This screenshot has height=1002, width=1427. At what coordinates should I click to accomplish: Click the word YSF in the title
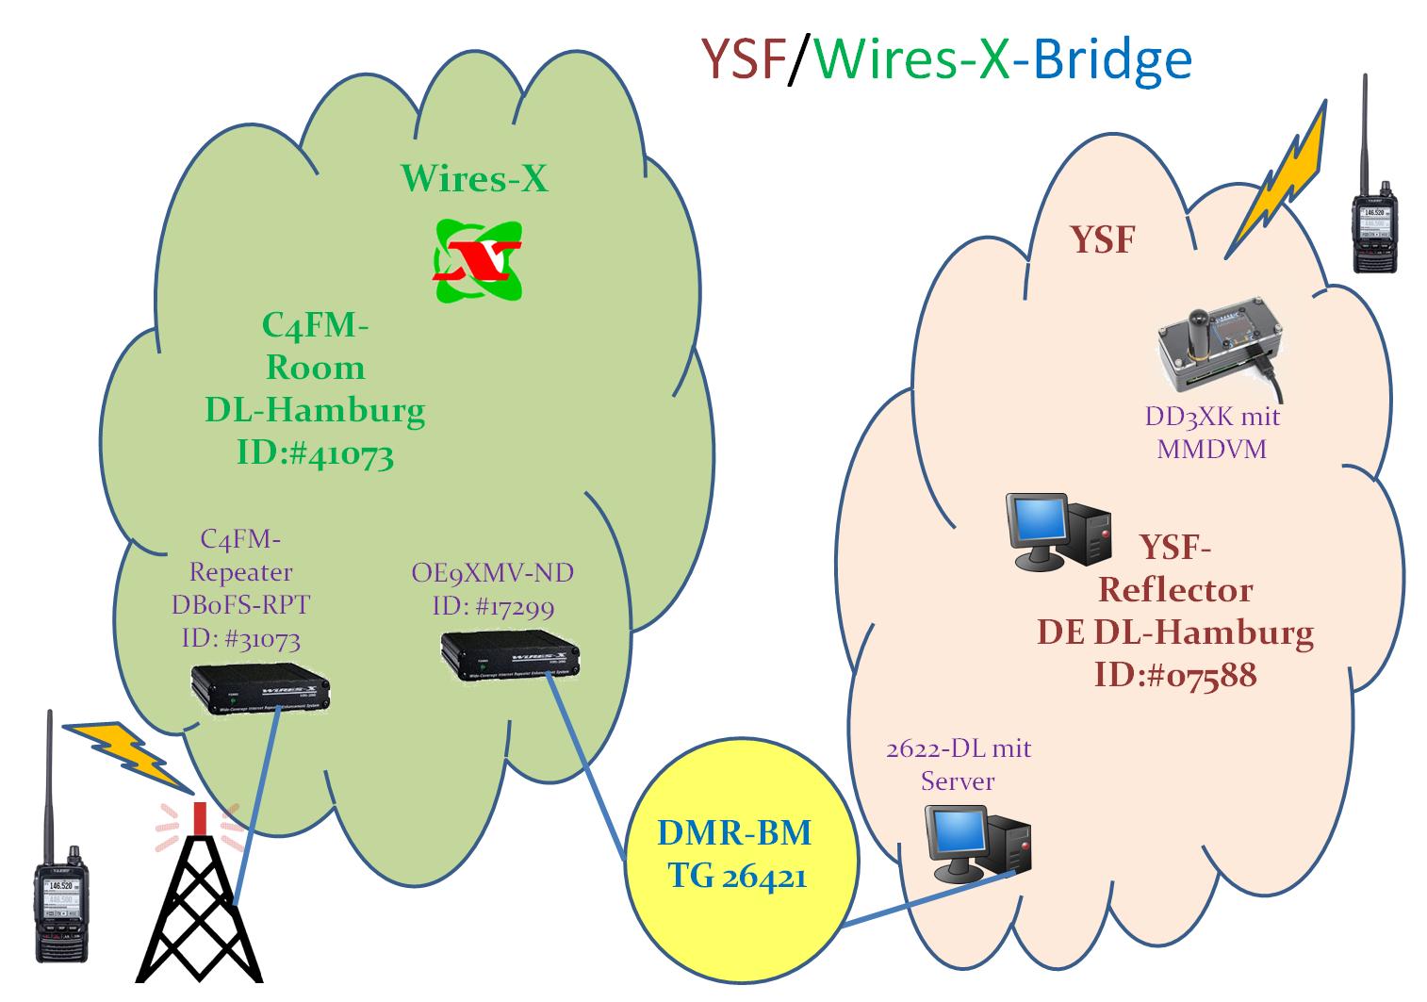click(743, 58)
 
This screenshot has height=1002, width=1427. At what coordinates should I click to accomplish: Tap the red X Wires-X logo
click(476, 259)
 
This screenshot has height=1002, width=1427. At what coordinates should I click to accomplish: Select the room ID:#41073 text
click(315, 455)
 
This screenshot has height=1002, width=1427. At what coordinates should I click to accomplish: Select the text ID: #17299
click(493, 606)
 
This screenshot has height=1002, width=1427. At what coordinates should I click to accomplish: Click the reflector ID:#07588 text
click(1175, 675)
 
